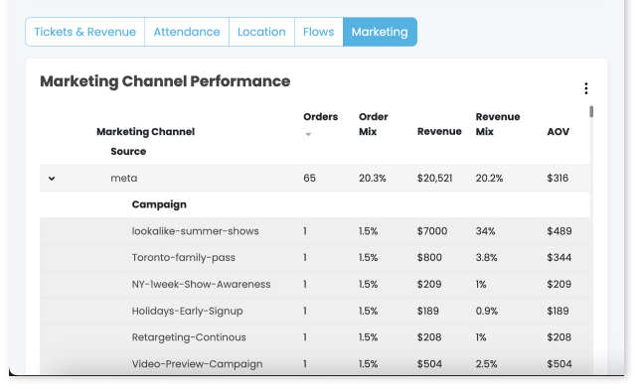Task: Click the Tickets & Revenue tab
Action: pyautogui.click(x=84, y=32)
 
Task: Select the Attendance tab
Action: pyautogui.click(x=187, y=32)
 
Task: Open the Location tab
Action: pyautogui.click(x=261, y=32)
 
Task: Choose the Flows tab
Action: pyautogui.click(x=318, y=32)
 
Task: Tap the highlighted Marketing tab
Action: pyautogui.click(x=380, y=32)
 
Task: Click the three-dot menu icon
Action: pyautogui.click(x=586, y=88)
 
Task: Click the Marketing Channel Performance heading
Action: pyautogui.click(x=165, y=81)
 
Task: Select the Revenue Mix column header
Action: pyautogui.click(x=498, y=124)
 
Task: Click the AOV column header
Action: pyautogui.click(x=558, y=131)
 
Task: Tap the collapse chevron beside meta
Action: pyautogui.click(x=52, y=179)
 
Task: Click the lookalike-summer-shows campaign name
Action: pyautogui.click(x=195, y=231)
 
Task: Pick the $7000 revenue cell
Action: pyautogui.click(x=432, y=231)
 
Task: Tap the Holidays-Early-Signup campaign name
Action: pyautogui.click(x=187, y=311)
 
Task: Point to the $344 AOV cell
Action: pyautogui.click(x=558, y=258)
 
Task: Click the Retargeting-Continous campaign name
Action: pyautogui.click(x=189, y=337)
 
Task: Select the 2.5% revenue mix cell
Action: pyautogui.click(x=487, y=364)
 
